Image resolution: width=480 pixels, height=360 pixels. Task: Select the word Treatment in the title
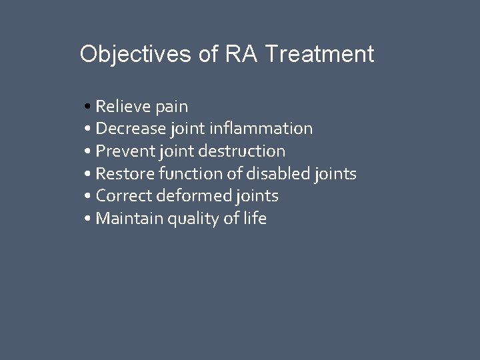point(319,54)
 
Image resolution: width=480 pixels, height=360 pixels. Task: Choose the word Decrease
point(129,128)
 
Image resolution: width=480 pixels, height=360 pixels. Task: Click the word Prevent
point(124,151)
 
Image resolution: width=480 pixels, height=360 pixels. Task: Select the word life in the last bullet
point(254,219)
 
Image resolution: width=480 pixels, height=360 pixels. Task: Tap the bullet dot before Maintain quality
point(89,219)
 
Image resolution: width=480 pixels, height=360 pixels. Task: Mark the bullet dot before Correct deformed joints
point(89,197)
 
